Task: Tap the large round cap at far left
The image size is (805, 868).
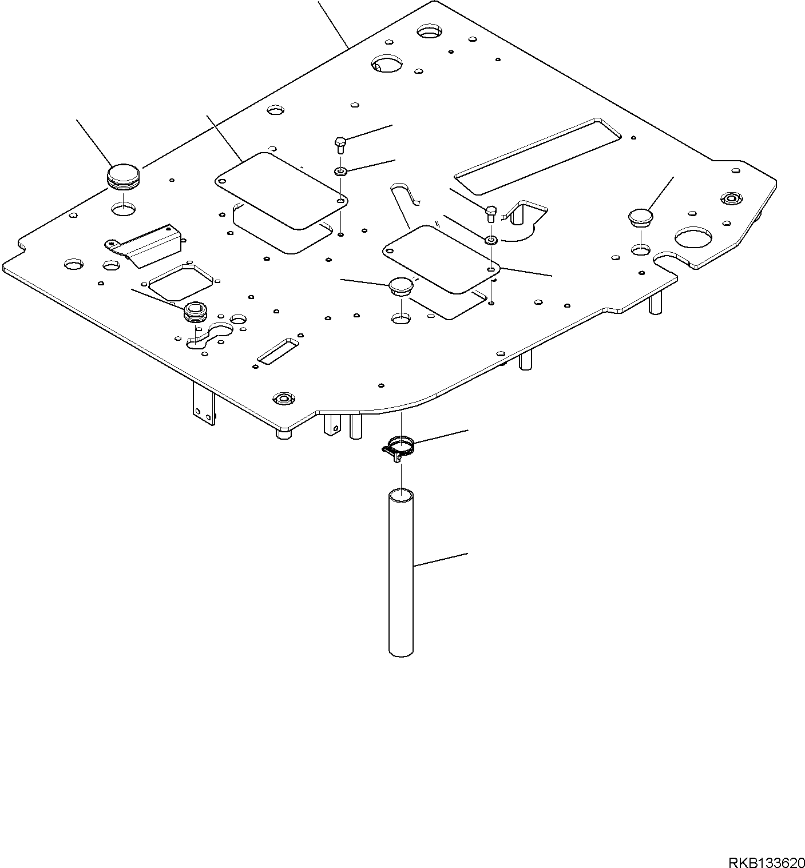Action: [x=124, y=176]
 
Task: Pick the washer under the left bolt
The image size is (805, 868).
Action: [x=341, y=171]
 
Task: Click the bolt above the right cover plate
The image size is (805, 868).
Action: [x=491, y=214]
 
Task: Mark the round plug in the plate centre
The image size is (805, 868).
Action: [x=400, y=285]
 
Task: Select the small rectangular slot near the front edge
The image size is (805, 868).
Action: [x=277, y=350]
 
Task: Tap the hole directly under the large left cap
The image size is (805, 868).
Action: [x=124, y=209]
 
